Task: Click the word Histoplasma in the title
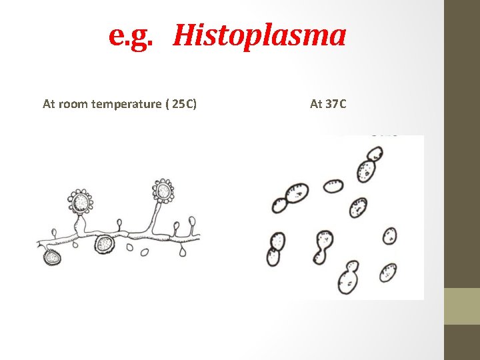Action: coord(259,35)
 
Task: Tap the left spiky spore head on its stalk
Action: coord(80,200)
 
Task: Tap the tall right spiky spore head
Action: coord(163,191)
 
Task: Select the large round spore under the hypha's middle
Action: coord(105,244)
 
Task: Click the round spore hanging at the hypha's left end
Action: coord(51,257)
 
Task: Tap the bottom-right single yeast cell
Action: coord(388,272)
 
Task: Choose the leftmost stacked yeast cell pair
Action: coord(275,248)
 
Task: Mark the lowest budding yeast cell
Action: coord(347,279)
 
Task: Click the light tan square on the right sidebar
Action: coord(462,306)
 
